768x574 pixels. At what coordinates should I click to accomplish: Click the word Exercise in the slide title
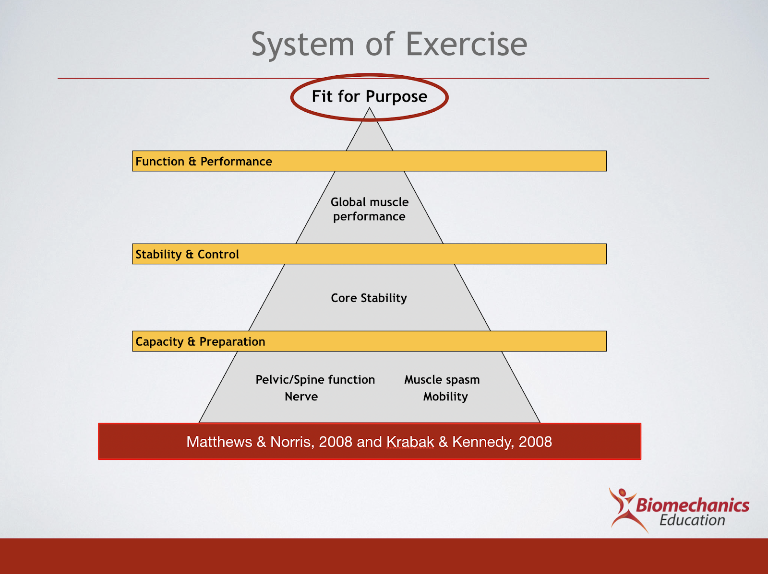coord(466,44)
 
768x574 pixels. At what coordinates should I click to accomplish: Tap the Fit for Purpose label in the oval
coord(370,96)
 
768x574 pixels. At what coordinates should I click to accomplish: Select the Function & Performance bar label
coord(204,162)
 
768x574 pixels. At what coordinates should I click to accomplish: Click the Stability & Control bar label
coord(187,255)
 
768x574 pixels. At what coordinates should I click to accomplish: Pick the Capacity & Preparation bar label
coord(200,342)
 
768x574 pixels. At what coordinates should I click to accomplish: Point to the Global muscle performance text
coord(370,209)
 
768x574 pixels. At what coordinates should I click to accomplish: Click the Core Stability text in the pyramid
coord(369,298)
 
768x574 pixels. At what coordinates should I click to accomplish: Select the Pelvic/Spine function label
coord(315,380)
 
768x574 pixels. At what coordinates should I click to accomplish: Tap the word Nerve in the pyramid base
coord(301,397)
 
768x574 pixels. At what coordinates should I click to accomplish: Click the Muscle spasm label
coord(442,380)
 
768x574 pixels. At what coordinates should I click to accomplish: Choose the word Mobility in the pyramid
coord(445,397)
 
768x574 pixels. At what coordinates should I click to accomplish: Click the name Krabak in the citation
coord(410,442)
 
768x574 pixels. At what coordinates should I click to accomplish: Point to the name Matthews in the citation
coord(219,442)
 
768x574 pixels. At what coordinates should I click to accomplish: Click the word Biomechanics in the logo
coord(693,505)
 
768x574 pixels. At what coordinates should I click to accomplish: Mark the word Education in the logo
coord(692,520)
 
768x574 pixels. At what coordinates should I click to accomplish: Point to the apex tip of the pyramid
coord(370,108)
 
